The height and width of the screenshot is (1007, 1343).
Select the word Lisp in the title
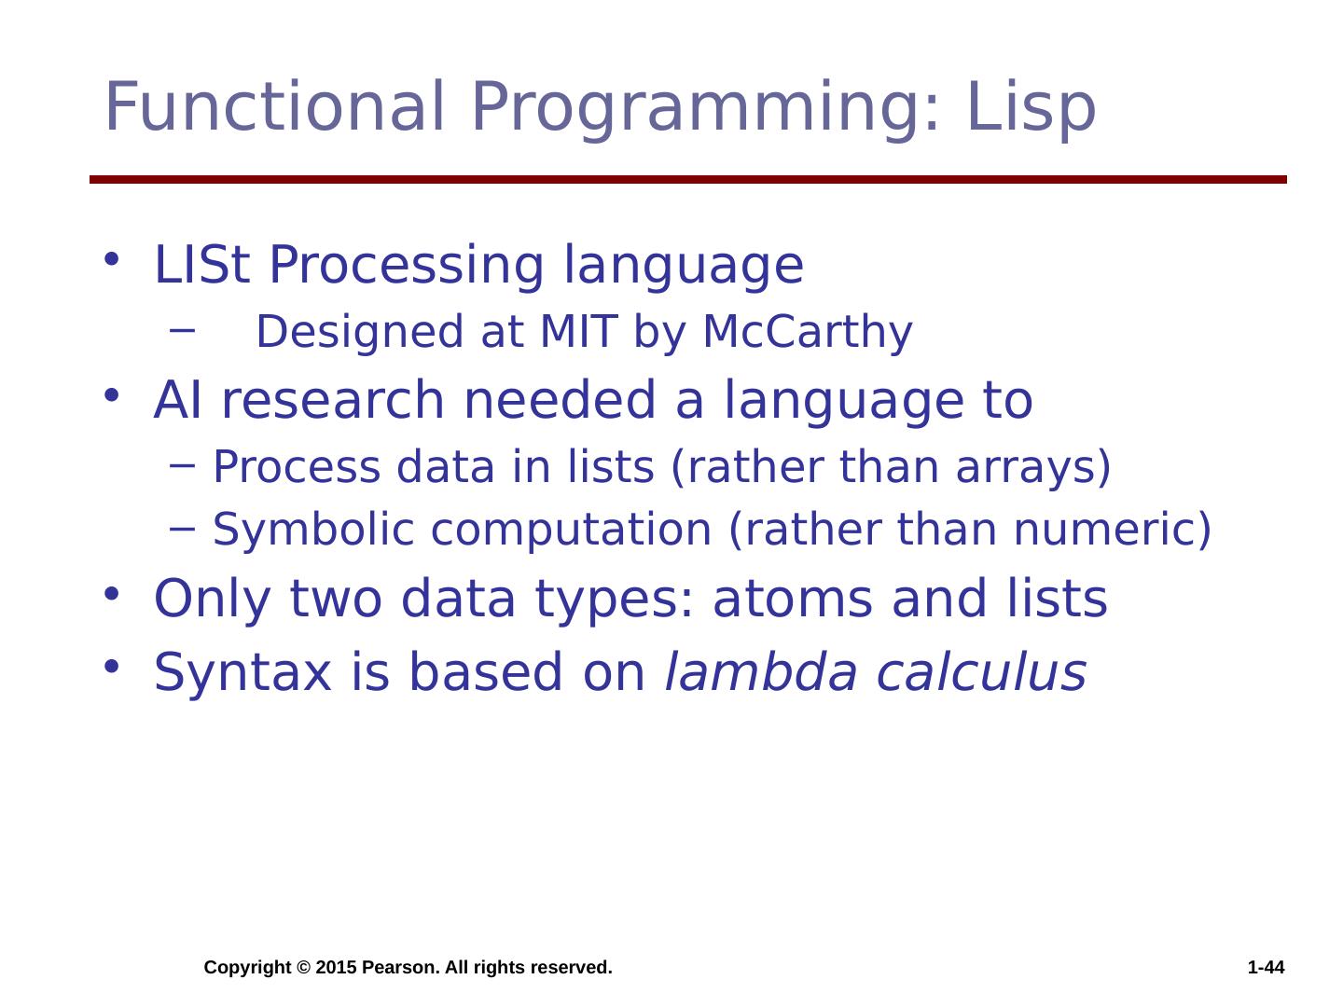coord(1031,108)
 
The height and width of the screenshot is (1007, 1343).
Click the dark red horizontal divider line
coord(687,179)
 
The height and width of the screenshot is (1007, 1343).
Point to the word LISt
coord(201,264)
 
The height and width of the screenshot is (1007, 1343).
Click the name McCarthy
coord(808,333)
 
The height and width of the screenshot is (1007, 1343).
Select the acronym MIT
coord(578,331)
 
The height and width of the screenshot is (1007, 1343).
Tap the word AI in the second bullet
coord(177,400)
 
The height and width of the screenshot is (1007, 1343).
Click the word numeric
coord(1113,531)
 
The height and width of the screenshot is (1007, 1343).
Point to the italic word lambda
coord(761,672)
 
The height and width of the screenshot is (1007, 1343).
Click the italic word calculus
coord(981,672)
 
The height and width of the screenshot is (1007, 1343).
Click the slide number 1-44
coord(1266,967)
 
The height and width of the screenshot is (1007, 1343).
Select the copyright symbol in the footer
coord(303,967)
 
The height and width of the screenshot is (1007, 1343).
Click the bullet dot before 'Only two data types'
coord(111,594)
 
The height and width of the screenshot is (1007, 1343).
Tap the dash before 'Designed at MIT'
coord(182,331)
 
